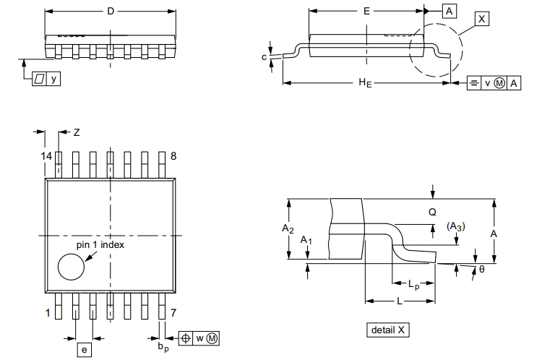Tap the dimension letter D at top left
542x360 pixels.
(110, 11)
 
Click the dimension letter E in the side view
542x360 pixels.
(366, 11)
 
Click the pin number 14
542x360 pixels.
(46, 157)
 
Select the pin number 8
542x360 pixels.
(173, 157)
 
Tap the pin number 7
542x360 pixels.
(173, 313)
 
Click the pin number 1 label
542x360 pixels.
(48, 313)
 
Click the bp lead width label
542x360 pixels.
(163, 348)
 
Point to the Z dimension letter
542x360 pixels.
(77, 132)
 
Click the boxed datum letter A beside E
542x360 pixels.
(449, 11)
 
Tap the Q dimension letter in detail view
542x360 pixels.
(432, 213)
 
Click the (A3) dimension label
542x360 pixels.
(455, 226)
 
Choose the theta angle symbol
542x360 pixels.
(482, 270)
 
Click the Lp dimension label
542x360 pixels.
(413, 286)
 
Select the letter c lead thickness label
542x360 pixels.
(264, 56)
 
